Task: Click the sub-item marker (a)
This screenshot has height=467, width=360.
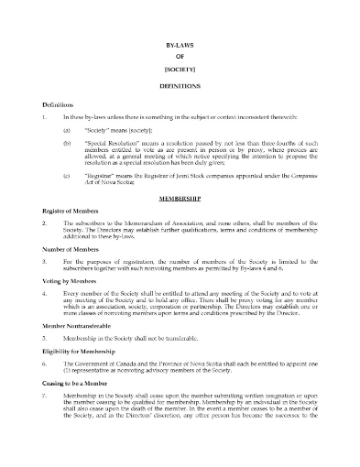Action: [67, 131]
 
